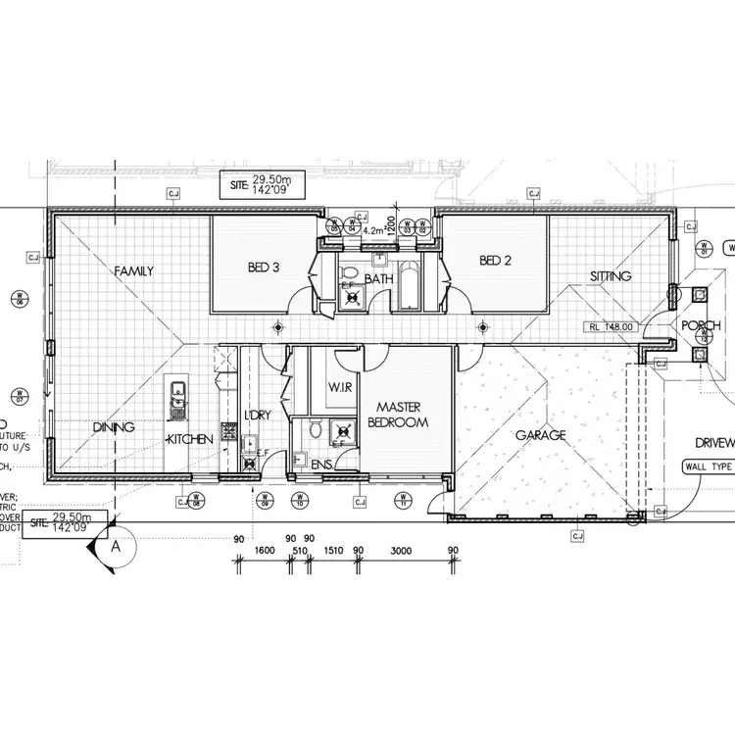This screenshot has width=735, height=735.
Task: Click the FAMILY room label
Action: (133, 270)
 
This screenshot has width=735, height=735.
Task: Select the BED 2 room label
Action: (497, 260)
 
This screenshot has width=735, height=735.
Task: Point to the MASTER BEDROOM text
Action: (399, 414)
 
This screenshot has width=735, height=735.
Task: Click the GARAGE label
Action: (541, 434)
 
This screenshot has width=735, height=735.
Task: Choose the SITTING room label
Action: (611, 276)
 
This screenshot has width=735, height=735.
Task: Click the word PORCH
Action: (702, 326)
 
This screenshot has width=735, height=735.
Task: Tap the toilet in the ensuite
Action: (313, 430)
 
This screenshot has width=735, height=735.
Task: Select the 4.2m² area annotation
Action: (376, 231)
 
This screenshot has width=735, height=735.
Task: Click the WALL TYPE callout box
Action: (708, 467)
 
